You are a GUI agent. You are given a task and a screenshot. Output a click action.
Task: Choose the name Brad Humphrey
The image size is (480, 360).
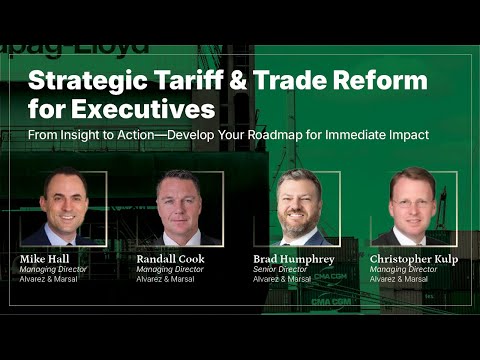294,258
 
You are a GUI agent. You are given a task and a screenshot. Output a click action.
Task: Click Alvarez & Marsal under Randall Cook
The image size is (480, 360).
166,279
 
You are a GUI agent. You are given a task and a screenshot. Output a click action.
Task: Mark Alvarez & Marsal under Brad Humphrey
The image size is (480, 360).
283,279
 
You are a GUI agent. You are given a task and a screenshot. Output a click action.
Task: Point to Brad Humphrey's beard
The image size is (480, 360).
304,217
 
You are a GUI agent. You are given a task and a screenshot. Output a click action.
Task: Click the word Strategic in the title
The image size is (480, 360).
85,79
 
